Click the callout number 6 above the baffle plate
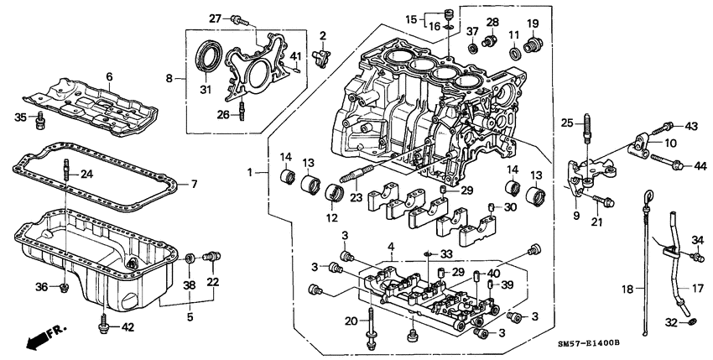tap(108, 76)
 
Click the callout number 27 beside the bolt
tap(214, 18)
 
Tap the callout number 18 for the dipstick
tap(623, 289)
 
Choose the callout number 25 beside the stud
tap(566, 124)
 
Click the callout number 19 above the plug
tap(533, 23)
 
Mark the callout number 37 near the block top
tap(472, 33)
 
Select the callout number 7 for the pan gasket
tap(194, 184)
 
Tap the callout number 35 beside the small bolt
tap(21, 117)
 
